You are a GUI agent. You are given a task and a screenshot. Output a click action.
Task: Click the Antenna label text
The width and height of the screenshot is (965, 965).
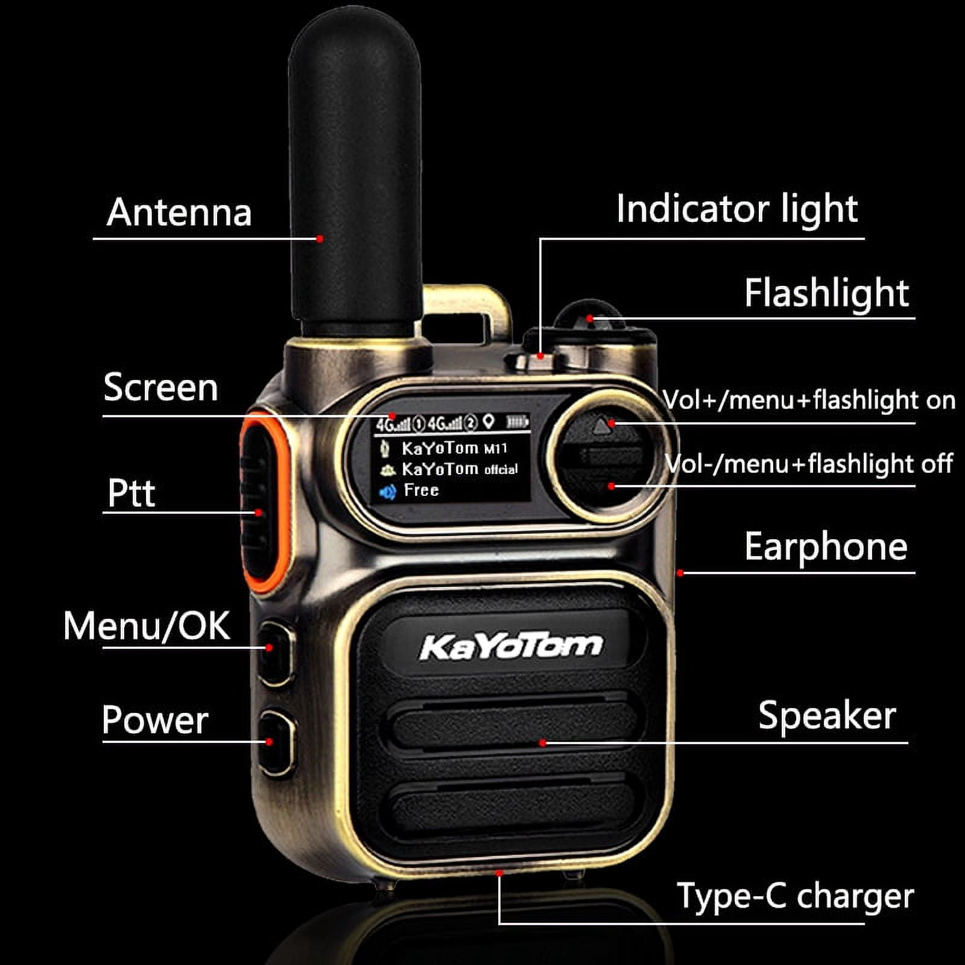pos(179,212)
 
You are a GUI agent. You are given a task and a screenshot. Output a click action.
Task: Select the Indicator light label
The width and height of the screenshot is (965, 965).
pos(737,209)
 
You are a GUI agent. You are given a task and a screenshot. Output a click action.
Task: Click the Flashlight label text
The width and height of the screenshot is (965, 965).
pos(826,293)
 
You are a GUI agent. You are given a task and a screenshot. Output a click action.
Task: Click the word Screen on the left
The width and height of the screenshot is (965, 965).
pos(160,387)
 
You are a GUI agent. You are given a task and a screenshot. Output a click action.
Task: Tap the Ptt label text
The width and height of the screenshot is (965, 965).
pos(131,493)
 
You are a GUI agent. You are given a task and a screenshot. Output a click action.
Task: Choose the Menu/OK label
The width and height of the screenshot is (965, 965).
pos(147,625)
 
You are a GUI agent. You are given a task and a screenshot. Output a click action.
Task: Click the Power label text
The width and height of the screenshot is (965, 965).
pos(155,720)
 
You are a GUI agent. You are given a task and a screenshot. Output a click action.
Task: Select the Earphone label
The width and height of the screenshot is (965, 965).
pos(826,547)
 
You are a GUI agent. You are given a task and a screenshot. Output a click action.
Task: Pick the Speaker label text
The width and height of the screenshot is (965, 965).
pos(827,716)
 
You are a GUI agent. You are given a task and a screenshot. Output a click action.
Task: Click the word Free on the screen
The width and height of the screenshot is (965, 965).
pos(421,490)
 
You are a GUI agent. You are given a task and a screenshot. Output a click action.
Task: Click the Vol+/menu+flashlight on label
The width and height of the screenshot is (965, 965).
pos(809,400)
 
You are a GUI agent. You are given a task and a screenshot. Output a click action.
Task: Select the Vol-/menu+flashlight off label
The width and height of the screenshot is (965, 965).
pos(809,464)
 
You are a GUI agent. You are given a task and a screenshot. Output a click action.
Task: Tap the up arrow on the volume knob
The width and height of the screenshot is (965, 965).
pos(601,427)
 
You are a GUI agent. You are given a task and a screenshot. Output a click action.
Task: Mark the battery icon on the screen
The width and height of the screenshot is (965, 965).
pos(517,422)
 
